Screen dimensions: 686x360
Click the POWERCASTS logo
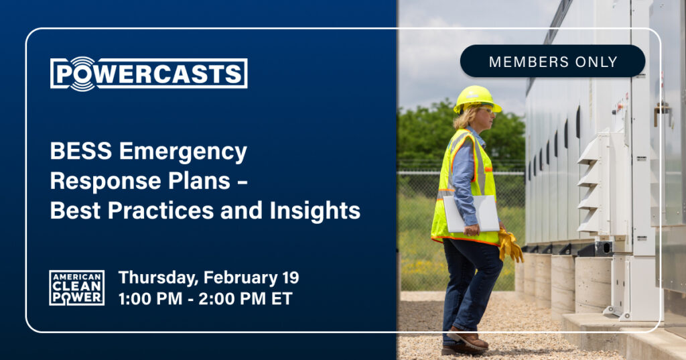click(149, 74)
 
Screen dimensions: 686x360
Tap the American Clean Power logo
click(76, 288)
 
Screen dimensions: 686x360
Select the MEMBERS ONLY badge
click(553, 61)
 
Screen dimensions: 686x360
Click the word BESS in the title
click(81, 151)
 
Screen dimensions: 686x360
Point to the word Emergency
click(184, 153)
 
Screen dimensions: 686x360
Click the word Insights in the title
click(315, 211)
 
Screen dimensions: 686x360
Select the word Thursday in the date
click(158, 278)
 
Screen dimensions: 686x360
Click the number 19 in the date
click(291, 278)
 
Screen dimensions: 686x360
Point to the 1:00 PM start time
click(150, 299)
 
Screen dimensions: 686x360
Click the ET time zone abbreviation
click(282, 299)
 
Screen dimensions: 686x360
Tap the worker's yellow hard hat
click(476, 98)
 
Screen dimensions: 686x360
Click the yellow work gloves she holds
click(510, 245)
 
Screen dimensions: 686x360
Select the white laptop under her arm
click(471, 214)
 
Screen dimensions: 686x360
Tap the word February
click(241, 278)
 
